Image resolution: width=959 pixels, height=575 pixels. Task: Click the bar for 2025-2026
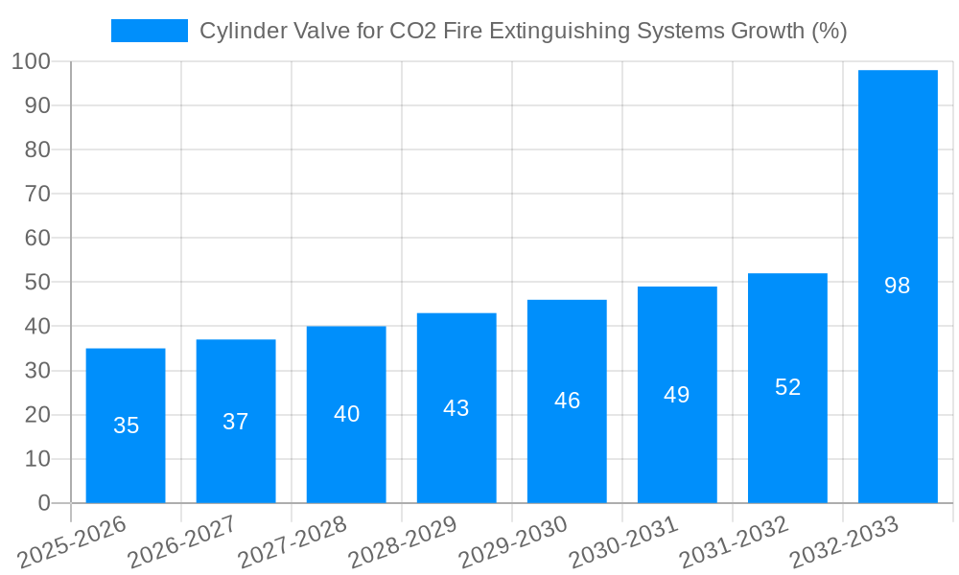tap(126, 425)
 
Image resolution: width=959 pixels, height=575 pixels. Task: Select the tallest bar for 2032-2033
tap(898, 287)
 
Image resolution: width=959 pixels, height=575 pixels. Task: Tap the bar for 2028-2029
tap(456, 408)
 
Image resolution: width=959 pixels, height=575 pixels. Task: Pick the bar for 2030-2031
tap(677, 395)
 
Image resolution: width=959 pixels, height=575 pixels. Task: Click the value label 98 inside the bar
tap(898, 286)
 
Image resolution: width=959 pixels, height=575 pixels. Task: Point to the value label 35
tap(126, 425)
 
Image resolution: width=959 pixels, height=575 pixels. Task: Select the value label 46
tap(567, 401)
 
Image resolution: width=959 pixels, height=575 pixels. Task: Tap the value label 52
tap(787, 387)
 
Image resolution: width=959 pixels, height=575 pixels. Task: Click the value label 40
tap(346, 414)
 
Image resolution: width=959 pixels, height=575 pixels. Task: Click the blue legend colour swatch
tap(149, 31)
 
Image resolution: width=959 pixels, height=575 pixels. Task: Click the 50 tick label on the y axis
tap(37, 283)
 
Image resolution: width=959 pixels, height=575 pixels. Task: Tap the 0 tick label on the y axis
tap(43, 503)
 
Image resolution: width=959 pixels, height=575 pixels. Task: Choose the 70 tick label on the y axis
tap(37, 194)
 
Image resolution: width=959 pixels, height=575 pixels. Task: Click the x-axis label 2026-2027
tap(181, 543)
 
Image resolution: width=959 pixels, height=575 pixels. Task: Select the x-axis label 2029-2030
tap(512, 543)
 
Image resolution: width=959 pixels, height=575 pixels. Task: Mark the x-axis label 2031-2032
tap(733, 543)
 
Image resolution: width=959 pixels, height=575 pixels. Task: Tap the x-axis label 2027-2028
tap(292, 543)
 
